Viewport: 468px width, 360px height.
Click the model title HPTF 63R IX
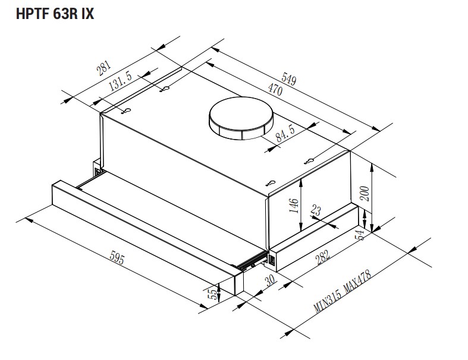(55, 14)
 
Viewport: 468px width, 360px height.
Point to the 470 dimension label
(274, 92)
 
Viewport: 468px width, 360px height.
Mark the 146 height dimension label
(293, 205)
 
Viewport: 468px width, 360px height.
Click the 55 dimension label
(212, 295)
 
